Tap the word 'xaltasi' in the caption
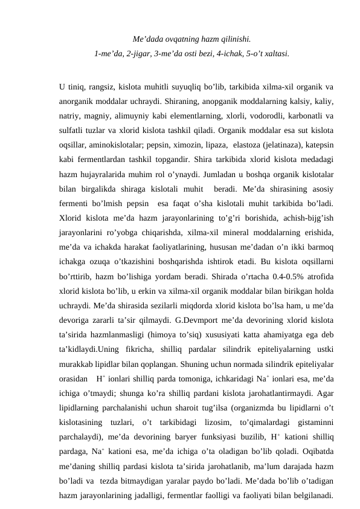click(276, 54)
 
